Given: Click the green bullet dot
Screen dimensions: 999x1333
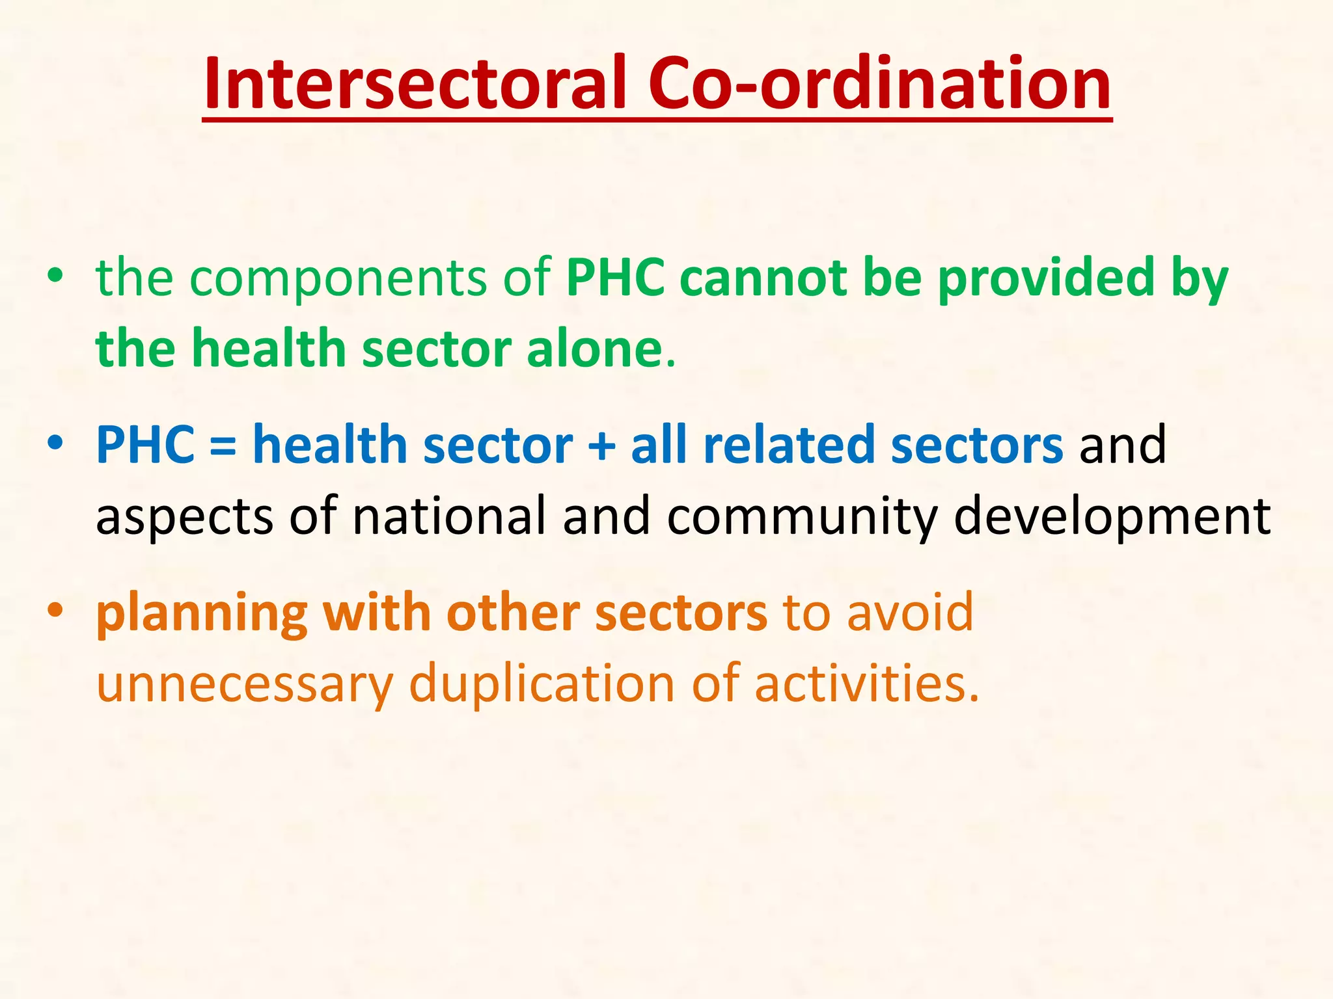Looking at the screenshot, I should pyautogui.click(x=55, y=276).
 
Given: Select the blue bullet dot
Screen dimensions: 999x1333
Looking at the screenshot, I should pyautogui.click(x=55, y=444).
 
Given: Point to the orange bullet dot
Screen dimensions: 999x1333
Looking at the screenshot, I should pyautogui.click(x=55, y=611).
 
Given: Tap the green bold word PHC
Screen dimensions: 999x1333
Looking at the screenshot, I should pyautogui.click(x=615, y=278).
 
